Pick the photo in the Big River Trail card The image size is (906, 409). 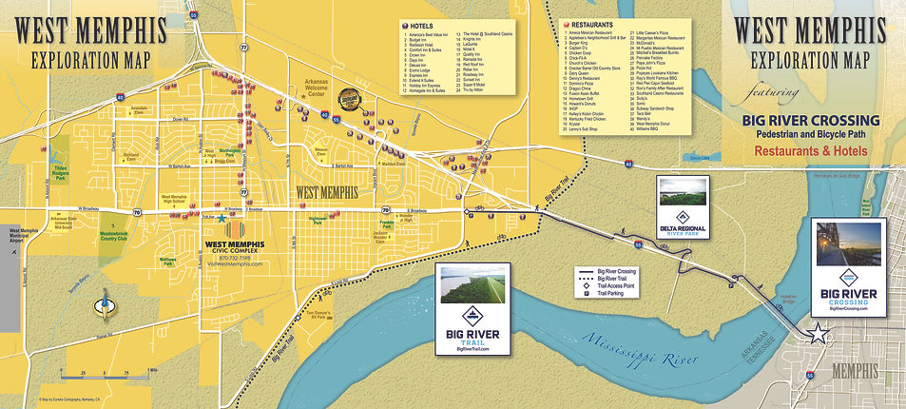point(472,288)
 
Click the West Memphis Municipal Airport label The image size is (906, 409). point(21,238)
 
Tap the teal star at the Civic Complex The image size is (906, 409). point(222,218)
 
